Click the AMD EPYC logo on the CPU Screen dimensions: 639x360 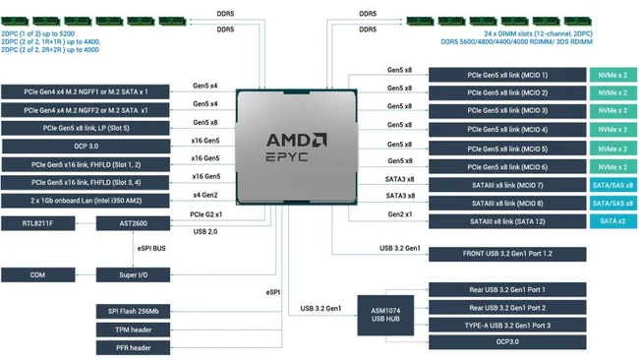tap(296, 147)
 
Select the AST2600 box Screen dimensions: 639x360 tap(134, 223)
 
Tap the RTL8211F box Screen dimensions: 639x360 tap(38, 223)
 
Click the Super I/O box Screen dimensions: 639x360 tap(134, 274)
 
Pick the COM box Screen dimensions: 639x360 tap(38, 274)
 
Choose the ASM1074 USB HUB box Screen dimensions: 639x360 tap(385, 315)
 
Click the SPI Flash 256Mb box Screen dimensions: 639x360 tap(134, 312)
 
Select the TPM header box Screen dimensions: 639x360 tap(134, 330)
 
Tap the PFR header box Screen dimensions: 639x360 tap(134, 348)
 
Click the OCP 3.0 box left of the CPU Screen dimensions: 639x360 tap(86, 147)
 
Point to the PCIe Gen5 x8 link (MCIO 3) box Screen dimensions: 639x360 tap(507, 111)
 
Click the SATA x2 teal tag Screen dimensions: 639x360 tap(612, 221)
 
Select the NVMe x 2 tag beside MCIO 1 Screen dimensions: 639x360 tap(612, 75)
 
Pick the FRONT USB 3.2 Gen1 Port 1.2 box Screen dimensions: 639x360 tap(507, 254)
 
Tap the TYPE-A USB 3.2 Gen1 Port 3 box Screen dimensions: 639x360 tap(507, 326)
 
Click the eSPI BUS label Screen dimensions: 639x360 tap(151, 248)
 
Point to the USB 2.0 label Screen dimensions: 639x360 tap(205, 231)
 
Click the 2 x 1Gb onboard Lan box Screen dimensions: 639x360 tap(86, 201)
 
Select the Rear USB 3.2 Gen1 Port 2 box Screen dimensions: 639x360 tap(507, 308)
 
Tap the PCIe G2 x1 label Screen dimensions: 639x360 tap(205, 214)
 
